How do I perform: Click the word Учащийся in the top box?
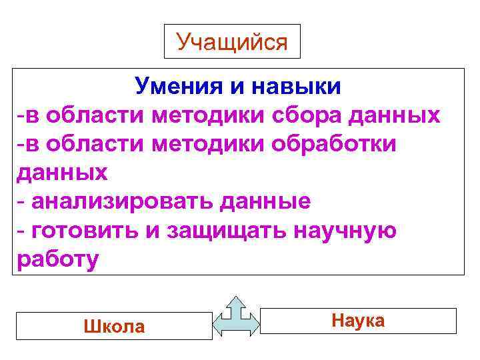(232, 42)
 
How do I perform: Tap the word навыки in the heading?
(299, 85)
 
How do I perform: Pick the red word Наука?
(358, 321)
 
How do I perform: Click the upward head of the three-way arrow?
(235, 302)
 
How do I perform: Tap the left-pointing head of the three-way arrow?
(218, 323)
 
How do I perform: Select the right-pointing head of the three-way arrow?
(251, 323)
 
